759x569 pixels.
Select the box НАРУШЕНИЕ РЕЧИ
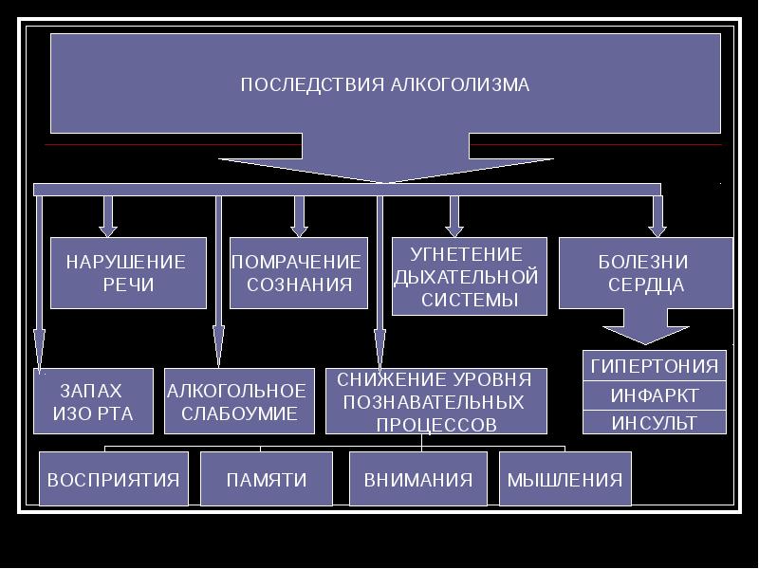point(127,273)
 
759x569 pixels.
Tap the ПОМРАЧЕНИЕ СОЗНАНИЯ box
point(298,273)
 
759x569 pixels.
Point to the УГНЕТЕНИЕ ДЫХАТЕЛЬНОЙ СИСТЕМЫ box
point(469,277)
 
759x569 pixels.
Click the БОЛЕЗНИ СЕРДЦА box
point(644,273)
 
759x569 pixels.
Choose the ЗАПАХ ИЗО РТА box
point(93,401)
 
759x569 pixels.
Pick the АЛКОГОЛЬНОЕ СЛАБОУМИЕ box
point(238,401)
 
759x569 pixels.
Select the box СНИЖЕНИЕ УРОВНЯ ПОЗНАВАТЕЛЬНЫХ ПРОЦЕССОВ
point(435,401)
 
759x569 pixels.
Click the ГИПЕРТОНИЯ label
point(654,366)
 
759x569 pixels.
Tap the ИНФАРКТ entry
point(654,395)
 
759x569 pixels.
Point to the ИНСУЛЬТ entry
point(654,423)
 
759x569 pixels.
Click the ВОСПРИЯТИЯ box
point(114,479)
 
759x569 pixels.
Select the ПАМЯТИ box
point(267,479)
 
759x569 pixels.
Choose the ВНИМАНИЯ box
point(418,479)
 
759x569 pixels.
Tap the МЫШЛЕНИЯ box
point(565,479)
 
